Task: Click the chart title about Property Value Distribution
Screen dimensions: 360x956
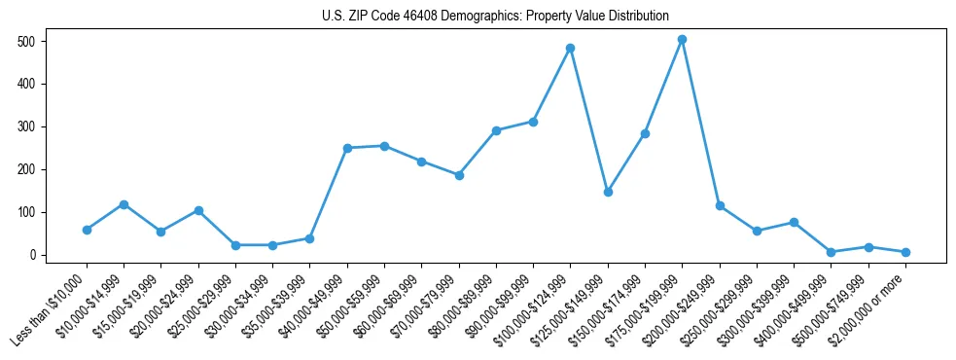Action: pyautogui.click(x=495, y=16)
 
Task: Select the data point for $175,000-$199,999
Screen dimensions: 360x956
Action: pyautogui.click(x=683, y=40)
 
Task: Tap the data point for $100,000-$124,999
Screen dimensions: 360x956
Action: pyautogui.click(x=571, y=48)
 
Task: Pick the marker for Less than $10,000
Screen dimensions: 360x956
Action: pyautogui.click(x=87, y=230)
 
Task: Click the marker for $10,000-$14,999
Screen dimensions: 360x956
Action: pyautogui.click(x=124, y=204)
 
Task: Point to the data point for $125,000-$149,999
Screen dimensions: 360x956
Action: pyautogui.click(x=608, y=192)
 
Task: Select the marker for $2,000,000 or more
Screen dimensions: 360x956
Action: pyautogui.click(x=905, y=252)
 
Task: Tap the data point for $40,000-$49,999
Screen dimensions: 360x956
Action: pyautogui.click(x=347, y=148)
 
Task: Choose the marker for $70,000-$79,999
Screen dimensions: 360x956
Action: pyautogui.click(x=459, y=175)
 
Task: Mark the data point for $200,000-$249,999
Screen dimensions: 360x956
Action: pyautogui.click(x=720, y=205)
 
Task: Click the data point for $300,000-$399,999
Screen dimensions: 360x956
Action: pyautogui.click(x=795, y=222)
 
